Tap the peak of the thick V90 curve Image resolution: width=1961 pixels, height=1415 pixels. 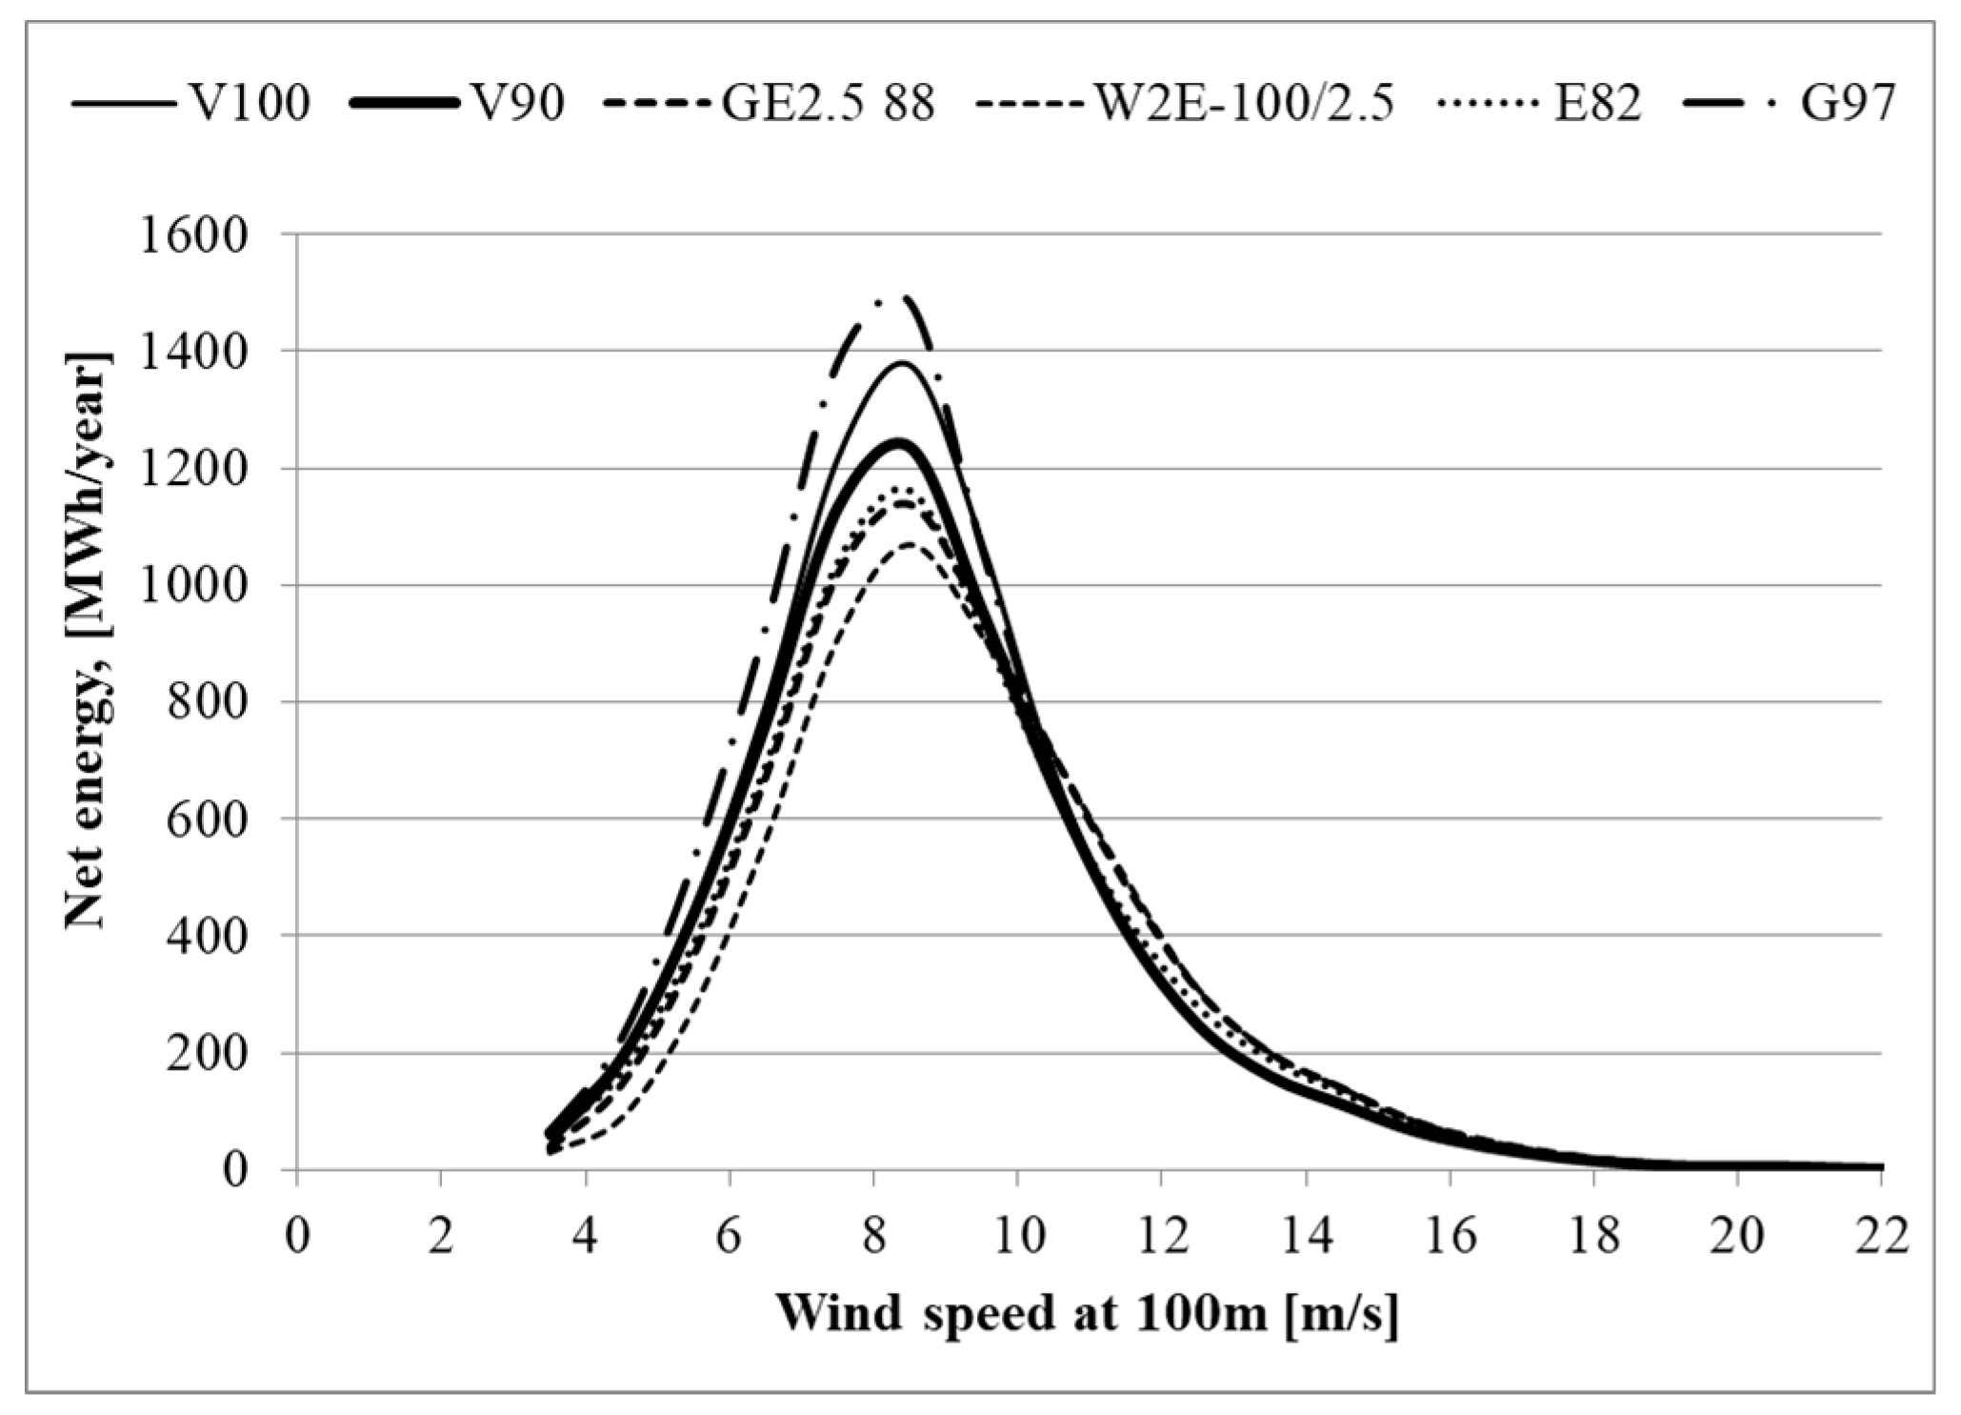[x=898, y=442]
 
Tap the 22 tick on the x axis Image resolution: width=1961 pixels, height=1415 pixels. [x=1881, y=1238]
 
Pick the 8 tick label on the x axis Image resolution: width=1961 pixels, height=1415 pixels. [x=873, y=1238]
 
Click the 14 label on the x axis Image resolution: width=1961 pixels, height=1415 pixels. [x=1306, y=1238]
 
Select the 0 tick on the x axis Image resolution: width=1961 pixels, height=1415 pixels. [x=297, y=1238]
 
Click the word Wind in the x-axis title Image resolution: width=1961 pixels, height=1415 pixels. [x=838, y=1315]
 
